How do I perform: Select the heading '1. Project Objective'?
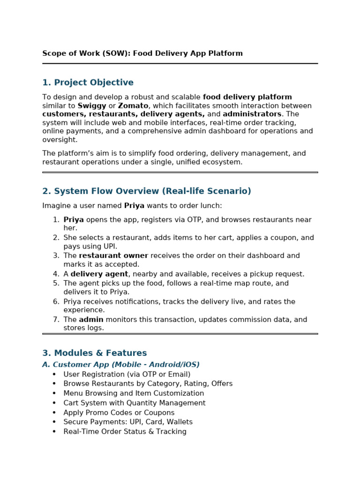pos(88,82)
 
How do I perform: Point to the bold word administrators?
pos(252,114)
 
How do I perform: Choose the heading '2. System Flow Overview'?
pos(147,191)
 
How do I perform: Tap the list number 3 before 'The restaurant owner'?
pos(56,256)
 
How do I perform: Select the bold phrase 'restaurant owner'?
pos(113,256)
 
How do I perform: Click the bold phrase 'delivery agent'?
pos(99,274)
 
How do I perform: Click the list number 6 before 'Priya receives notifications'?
pos(56,302)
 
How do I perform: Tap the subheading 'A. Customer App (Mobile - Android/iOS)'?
pos(121,365)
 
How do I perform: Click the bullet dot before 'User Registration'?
pos(54,375)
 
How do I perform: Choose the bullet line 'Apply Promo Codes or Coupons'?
pos(119,413)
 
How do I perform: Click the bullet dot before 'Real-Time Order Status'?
pos(54,432)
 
